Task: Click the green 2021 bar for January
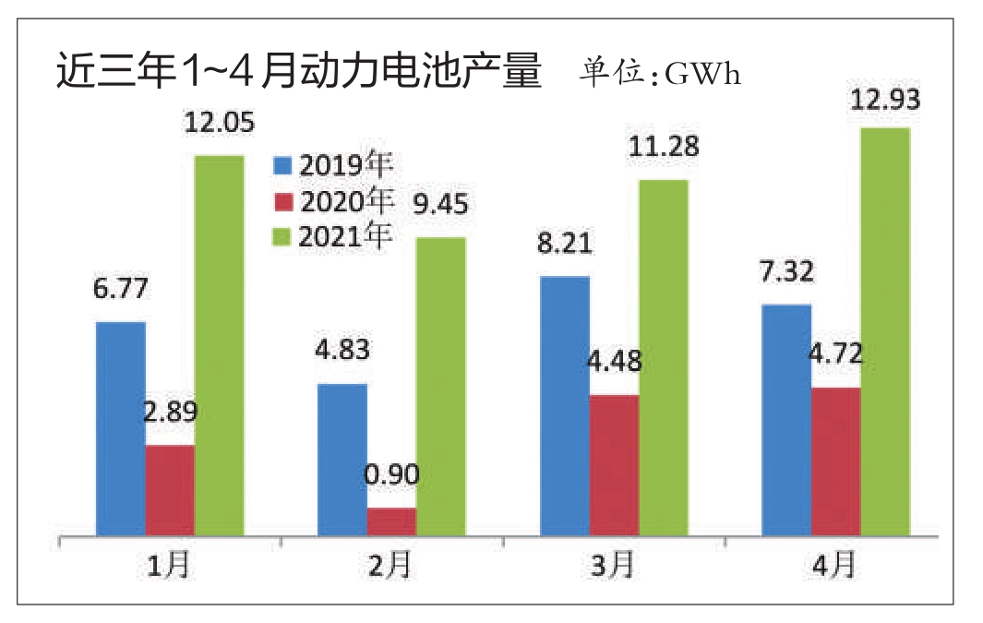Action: click(x=219, y=345)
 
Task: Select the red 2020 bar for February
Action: click(x=391, y=521)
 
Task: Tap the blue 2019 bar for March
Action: click(x=564, y=406)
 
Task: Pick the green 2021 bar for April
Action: click(x=884, y=331)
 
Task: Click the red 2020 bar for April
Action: click(x=835, y=461)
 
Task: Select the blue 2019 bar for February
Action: click(x=342, y=460)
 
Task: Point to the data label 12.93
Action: click(x=884, y=101)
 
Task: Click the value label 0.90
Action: click(x=391, y=476)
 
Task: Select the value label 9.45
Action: click(x=440, y=204)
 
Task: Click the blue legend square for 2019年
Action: click(x=282, y=166)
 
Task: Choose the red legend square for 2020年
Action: click(x=282, y=201)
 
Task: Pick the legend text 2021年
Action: click(x=346, y=236)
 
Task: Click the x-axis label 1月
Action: click(x=169, y=566)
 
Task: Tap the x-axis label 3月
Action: click(x=613, y=566)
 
